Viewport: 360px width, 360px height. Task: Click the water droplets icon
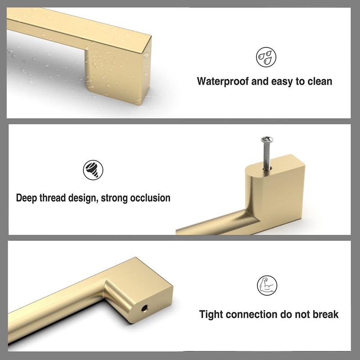pos(266,57)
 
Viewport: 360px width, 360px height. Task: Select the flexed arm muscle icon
pos(267,285)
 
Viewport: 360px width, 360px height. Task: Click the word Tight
pos(212,314)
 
